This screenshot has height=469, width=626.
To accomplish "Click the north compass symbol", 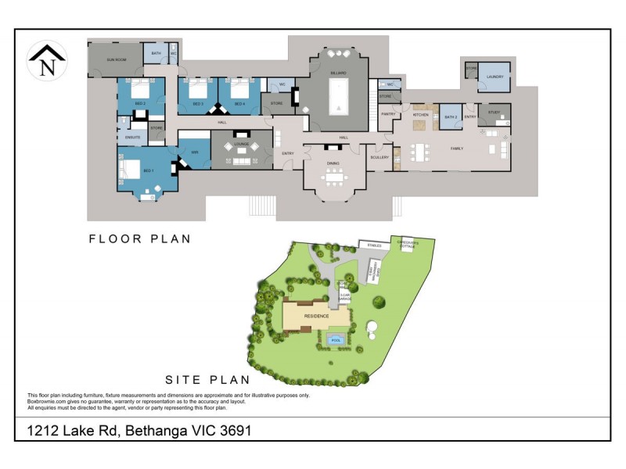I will coord(47,61).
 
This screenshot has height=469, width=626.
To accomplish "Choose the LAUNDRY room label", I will coord(494,77).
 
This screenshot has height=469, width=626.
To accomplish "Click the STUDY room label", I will coord(494,113).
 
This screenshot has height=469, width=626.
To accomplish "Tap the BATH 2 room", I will coord(450,116).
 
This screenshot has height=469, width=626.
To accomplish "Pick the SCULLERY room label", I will coord(380,157).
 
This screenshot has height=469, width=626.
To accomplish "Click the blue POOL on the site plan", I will coord(336,341).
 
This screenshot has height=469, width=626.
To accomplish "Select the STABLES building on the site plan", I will coord(374,245).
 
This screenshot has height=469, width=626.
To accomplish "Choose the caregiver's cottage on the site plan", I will coord(408,242).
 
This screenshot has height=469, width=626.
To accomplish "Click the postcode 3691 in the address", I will coord(232,430).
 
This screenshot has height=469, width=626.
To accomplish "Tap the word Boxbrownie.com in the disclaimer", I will coord(49,402).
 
